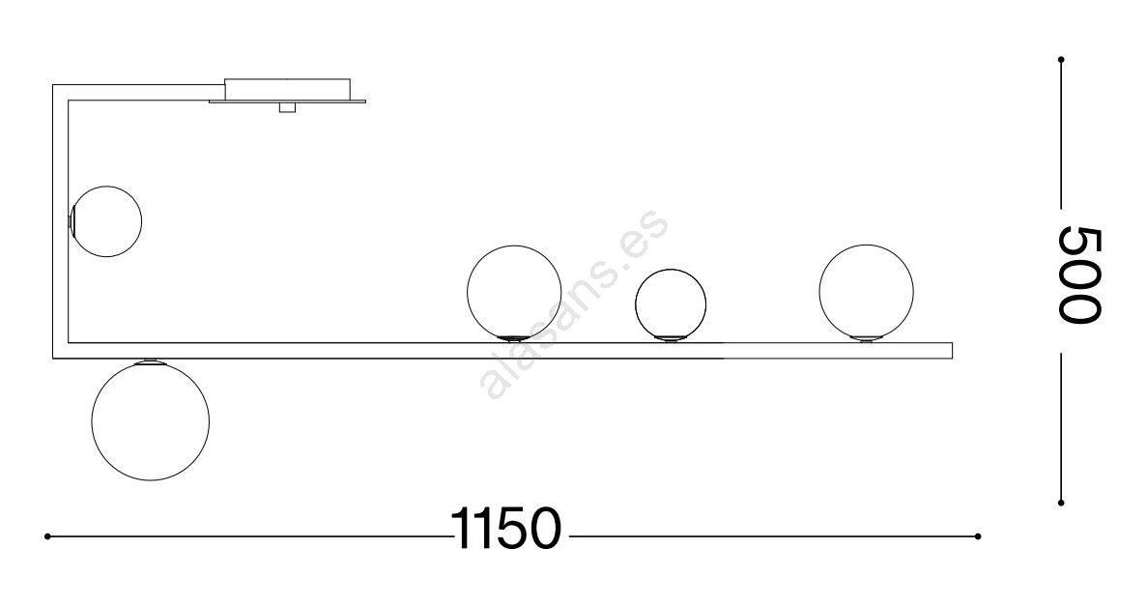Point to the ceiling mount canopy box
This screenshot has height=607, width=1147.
point(288,89)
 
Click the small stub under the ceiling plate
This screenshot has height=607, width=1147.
point(287,107)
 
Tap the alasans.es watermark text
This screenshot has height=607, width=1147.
point(574,304)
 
